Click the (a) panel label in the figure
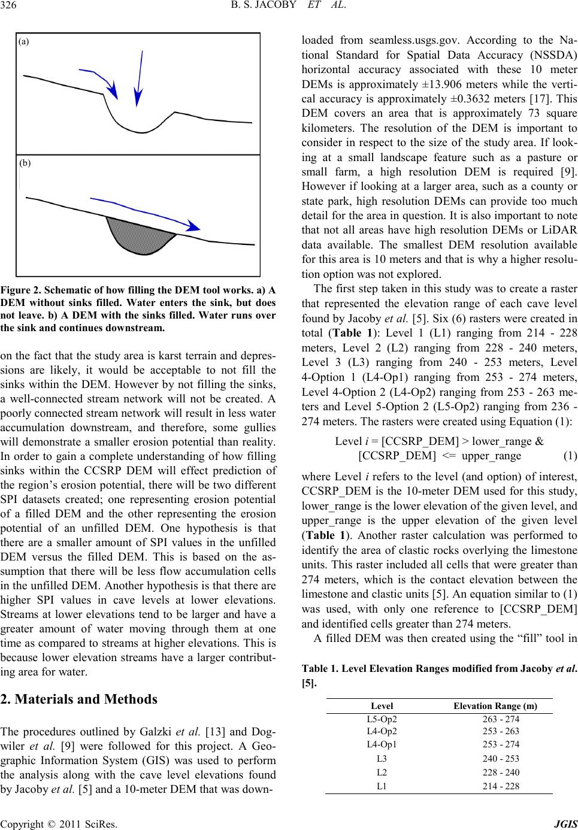24,42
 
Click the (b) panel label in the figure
24,162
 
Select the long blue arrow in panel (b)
144,211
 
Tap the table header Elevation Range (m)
495,689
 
